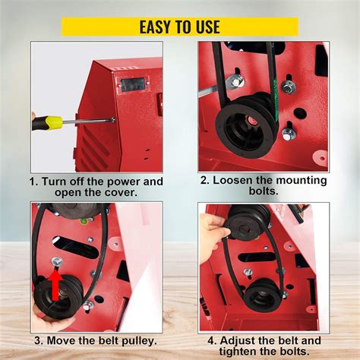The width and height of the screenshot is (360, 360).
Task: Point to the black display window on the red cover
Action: pos(132,84)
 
